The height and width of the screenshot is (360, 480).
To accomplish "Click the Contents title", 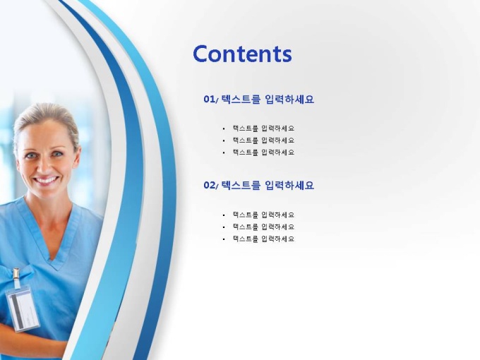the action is [x=242, y=54].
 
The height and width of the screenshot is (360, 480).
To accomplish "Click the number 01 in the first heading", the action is [x=210, y=100].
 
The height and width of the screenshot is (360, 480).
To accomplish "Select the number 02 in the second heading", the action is [x=210, y=185].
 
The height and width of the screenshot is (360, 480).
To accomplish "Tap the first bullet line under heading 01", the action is [x=263, y=128].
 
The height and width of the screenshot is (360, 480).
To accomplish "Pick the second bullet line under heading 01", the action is [x=263, y=140].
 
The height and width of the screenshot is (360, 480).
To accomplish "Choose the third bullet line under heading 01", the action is [x=263, y=152].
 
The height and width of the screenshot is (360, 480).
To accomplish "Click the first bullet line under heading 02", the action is [x=263, y=215].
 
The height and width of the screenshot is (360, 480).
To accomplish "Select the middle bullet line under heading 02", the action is [x=263, y=227].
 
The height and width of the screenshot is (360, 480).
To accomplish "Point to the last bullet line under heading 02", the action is [x=263, y=239].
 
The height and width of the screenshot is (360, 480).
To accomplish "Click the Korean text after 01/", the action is [x=268, y=100].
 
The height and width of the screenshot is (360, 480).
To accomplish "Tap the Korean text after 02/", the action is [x=268, y=185].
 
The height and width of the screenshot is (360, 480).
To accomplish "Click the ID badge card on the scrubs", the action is [x=23, y=308].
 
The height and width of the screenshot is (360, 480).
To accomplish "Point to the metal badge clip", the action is [x=16, y=275].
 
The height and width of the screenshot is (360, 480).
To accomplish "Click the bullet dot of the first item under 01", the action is [x=224, y=129].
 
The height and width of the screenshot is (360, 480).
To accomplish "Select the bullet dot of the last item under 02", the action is [x=224, y=239].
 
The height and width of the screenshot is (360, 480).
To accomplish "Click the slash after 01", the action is [x=217, y=100].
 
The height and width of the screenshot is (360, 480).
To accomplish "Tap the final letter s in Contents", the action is [x=287, y=56].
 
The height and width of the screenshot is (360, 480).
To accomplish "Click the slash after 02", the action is [x=217, y=186].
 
